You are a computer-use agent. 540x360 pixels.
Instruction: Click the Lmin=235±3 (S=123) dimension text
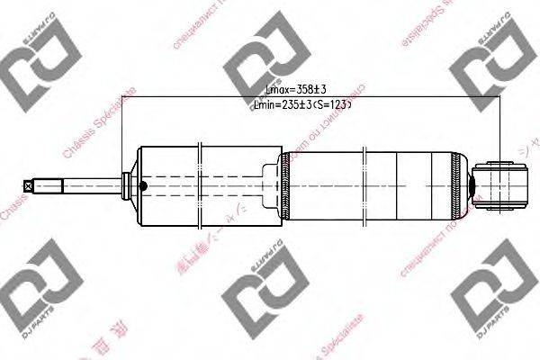(296, 105)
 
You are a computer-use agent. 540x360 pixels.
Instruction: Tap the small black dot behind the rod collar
(142, 186)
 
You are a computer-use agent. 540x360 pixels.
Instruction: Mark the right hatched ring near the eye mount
(464, 186)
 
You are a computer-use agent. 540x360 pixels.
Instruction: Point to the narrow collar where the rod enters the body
(126, 186)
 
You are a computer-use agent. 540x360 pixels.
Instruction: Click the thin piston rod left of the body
(81, 186)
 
